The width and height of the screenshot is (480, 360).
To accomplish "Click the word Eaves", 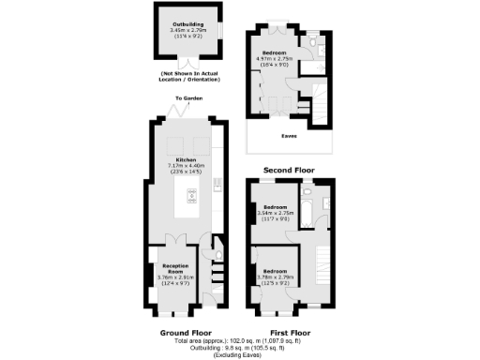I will pyautogui.click(x=290, y=135).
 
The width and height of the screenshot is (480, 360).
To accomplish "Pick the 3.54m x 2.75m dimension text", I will pyautogui.click(x=275, y=215).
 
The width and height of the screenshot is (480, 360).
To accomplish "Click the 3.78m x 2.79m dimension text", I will pyautogui.click(x=275, y=277).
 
